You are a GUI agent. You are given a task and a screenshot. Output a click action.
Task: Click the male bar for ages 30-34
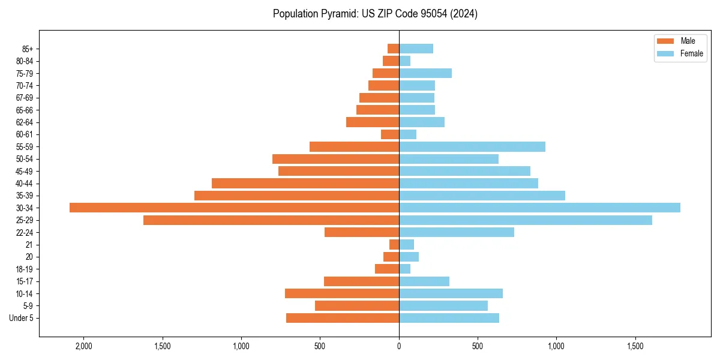pos(234,208)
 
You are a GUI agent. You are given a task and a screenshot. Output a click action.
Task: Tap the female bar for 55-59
pos(472,146)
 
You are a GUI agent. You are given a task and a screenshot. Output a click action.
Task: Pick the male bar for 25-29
pos(271,220)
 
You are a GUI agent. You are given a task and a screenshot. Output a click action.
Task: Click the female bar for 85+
pos(416,49)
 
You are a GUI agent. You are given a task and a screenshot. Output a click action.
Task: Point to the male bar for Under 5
pos(343,318)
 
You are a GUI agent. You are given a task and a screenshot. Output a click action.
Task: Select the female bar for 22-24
pos(457,232)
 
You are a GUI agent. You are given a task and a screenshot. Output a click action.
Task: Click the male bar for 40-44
pos(305,183)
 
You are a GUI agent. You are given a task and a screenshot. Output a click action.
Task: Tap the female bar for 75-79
pos(425,73)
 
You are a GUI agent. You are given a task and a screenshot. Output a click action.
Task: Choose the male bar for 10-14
pos(342,293)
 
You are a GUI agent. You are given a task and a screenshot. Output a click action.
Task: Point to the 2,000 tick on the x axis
pos(83,347)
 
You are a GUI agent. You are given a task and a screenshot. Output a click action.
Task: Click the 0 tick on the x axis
pos(399,347)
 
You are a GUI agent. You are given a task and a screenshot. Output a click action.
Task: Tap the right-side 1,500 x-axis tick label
pos(635,347)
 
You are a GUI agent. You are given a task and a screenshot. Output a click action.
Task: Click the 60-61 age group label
pos(24,134)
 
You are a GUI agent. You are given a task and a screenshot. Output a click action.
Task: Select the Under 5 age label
pos(21,318)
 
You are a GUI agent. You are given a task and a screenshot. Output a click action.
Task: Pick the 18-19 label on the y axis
pos(24,269)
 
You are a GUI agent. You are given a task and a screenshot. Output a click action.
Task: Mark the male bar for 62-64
pos(373,122)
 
